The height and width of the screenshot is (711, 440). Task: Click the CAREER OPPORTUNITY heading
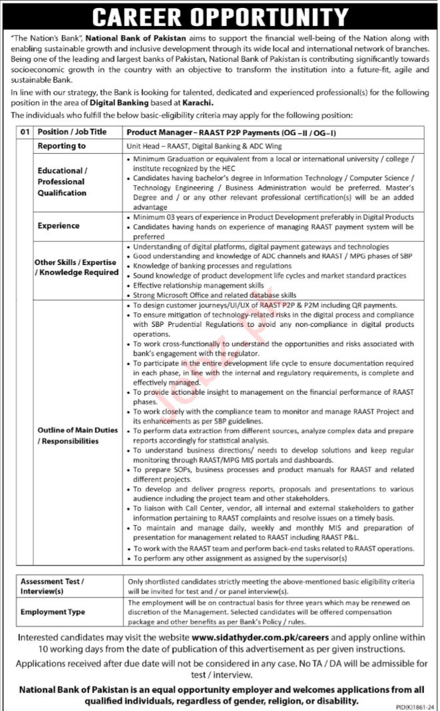pos(220,15)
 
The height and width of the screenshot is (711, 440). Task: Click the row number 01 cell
pos(26,132)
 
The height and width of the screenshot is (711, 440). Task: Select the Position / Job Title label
pos(73,132)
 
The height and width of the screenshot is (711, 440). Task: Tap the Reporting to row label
pos(62,146)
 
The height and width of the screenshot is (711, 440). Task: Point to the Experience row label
pos(58,226)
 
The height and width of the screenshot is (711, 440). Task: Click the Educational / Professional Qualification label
pos(62,182)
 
